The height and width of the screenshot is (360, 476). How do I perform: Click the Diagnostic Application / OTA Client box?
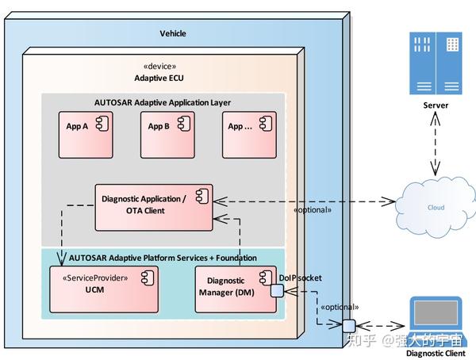pos(155,206)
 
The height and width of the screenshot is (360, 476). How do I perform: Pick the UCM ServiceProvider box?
pos(104,289)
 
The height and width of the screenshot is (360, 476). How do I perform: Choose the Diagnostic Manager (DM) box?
pos(235,289)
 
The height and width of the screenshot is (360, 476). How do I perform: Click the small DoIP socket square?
pos(277,291)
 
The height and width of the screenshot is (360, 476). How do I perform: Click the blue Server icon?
pos(436,63)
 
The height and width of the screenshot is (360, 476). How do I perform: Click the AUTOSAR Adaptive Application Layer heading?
pos(163,102)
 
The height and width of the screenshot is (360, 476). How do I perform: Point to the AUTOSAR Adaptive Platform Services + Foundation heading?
pos(163,258)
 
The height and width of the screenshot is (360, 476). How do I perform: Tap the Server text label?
pos(436,105)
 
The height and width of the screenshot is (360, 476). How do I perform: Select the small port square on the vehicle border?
pos(347,324)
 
